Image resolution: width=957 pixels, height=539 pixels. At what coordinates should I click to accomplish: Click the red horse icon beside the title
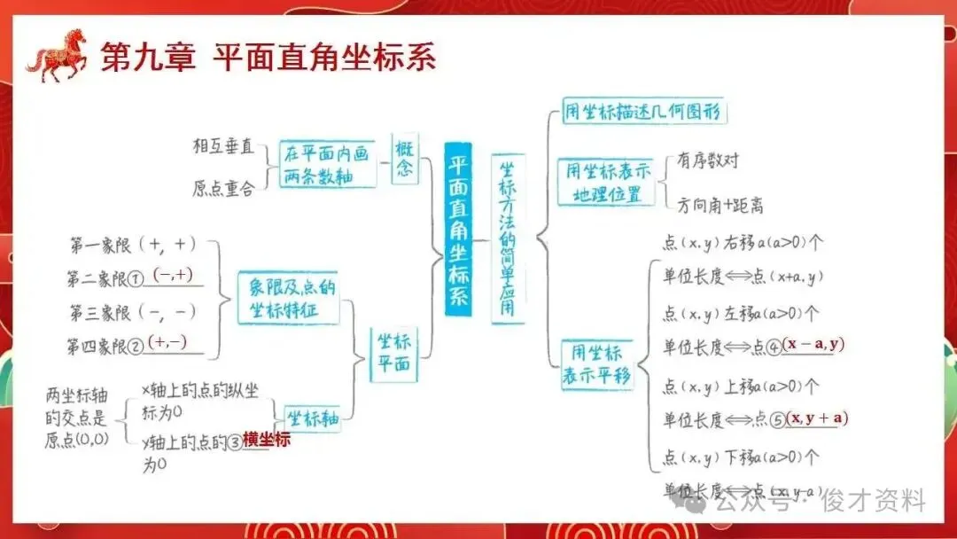(58, 55)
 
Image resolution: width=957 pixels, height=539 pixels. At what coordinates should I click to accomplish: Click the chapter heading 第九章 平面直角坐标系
(269, 59)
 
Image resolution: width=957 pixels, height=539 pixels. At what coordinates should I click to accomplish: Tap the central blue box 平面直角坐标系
(458, 230)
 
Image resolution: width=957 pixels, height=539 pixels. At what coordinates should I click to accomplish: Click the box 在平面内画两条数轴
(326, 164)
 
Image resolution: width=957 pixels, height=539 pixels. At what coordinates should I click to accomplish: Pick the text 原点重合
(222, 188)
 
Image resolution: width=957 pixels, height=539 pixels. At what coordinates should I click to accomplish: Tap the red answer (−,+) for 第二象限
(173, 275)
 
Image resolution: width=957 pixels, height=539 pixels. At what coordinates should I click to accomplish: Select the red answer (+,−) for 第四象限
(168, 342)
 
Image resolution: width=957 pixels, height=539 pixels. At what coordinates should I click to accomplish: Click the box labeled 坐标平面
(394, 352)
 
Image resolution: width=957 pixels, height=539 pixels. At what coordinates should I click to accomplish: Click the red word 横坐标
(267, 440)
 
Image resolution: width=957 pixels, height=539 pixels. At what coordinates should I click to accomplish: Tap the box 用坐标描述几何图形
(644, 113)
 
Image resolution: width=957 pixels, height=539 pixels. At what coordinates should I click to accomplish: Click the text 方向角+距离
(720, 206)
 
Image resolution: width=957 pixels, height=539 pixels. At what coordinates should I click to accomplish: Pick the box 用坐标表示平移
(597, 363)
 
